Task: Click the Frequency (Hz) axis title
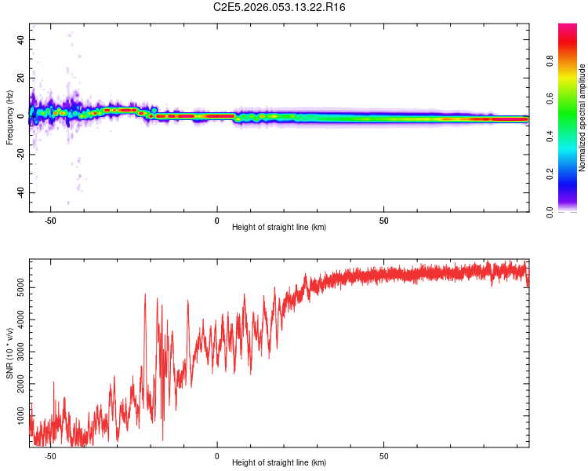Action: (9, 117)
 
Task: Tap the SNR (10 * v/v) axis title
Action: (9, 353)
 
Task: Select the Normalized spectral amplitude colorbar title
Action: (582, 118)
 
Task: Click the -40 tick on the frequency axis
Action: (20, 193)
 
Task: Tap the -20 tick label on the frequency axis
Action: (20, 155)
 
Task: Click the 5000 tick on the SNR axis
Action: (20, 288)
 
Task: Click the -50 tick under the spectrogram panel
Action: (50, 220)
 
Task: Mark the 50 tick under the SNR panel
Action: (384, 455)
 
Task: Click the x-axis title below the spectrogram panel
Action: (279, 228)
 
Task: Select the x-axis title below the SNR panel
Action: (279, 463)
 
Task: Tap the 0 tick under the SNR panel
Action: (217, 455)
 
